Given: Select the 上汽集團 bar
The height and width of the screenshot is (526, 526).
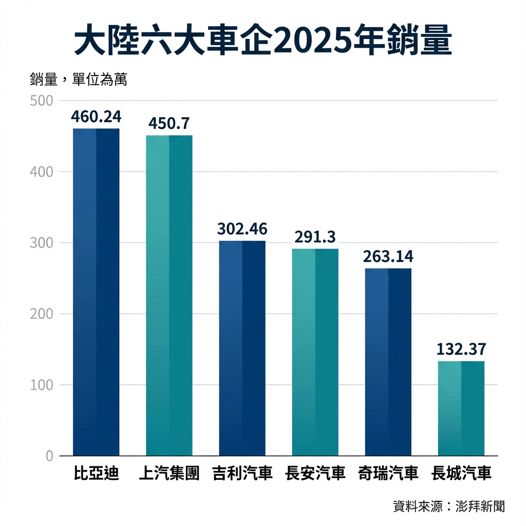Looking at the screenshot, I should pos(169,295).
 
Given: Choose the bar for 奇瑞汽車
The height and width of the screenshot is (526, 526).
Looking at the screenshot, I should pos(388,362).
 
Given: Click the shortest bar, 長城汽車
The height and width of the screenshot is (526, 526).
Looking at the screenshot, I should pos(461,408).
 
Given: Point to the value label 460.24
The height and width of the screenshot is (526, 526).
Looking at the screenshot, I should pos(96,117).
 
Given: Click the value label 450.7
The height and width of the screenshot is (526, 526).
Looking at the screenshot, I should pos(169,124).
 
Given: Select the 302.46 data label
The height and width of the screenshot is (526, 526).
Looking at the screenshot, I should pos(242,229).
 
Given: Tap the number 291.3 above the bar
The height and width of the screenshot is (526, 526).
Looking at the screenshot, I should pos(315,237).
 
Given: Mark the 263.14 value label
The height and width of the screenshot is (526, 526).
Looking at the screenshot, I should pos(388,256).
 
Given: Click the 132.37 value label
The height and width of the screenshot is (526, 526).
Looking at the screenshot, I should pos(461,349).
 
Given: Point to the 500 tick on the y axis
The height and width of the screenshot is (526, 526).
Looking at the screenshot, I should pos(42,101).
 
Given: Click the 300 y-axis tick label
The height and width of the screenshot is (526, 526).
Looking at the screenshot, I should pos(42,242).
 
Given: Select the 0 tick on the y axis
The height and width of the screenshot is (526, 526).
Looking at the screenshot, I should pos(49,456).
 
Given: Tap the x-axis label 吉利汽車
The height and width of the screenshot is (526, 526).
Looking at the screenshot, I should pos(242,474).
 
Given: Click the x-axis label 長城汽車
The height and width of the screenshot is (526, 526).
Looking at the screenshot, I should pos(461,474).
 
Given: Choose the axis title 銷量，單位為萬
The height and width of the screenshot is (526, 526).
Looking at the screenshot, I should pos(78,80).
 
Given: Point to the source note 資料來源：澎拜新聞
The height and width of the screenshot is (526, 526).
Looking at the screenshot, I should pos(448,506).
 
